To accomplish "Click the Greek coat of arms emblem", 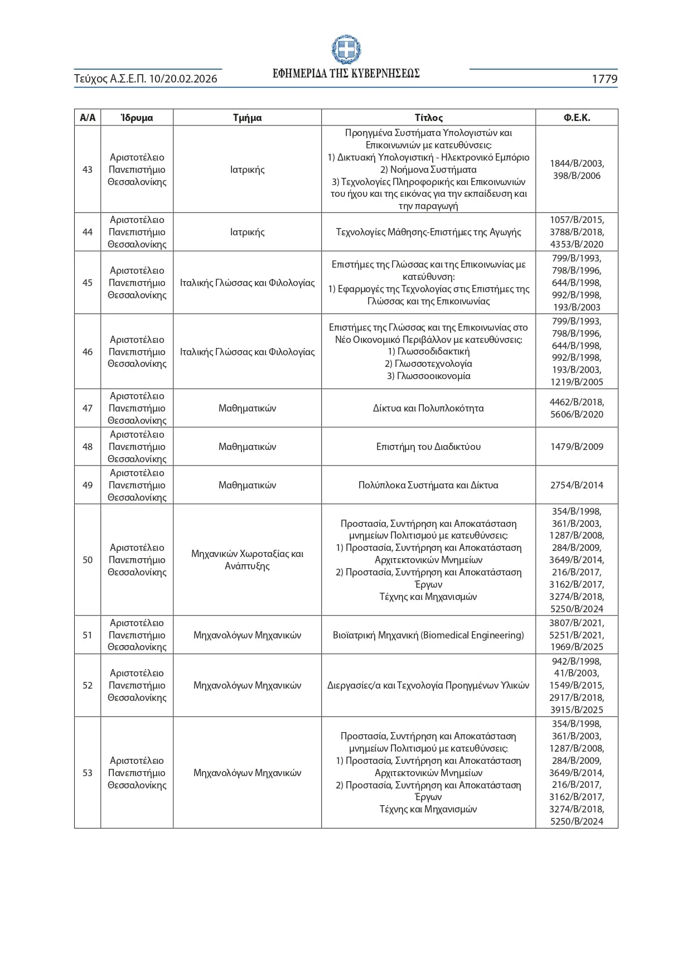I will (346, 50).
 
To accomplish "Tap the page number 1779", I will (604, 79).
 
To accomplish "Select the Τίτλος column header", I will (428, 118).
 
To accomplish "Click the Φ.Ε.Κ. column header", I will (577, 118).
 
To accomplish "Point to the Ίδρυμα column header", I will (137, 118).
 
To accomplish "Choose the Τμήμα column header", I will (247, 118).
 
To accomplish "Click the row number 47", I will (88, 408).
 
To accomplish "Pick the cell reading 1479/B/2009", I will (577, 447).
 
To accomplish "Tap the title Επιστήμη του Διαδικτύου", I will (428, 447).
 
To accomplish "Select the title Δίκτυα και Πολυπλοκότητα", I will (428, 408).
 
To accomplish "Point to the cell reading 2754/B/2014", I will (577, 485).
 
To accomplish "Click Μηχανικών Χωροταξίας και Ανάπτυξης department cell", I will (247, 560).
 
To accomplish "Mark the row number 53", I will (88, 773).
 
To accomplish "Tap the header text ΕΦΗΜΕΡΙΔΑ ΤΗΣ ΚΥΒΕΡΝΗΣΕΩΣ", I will (346, 74).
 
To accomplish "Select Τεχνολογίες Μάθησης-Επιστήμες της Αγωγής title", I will (428, 232).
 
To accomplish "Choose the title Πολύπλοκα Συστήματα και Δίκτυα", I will (428, 485).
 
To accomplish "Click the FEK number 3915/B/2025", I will (577, 710).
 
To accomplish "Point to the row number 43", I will (88, 170).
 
